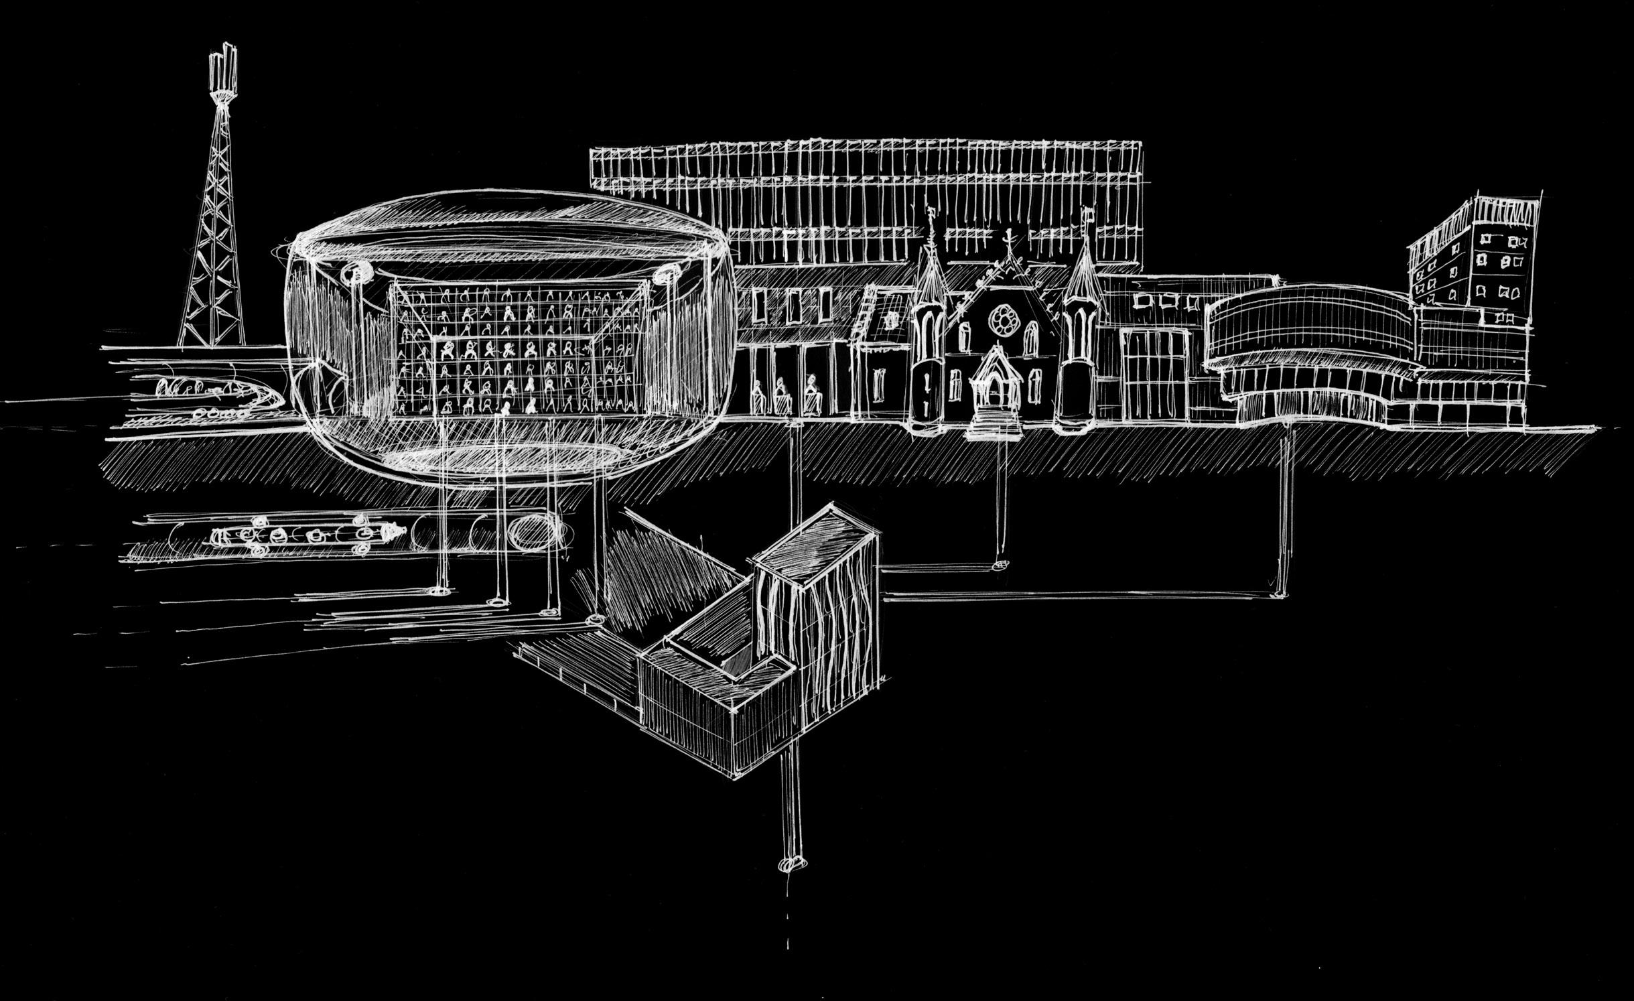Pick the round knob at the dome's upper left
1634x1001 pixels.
(x=353, y=273)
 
